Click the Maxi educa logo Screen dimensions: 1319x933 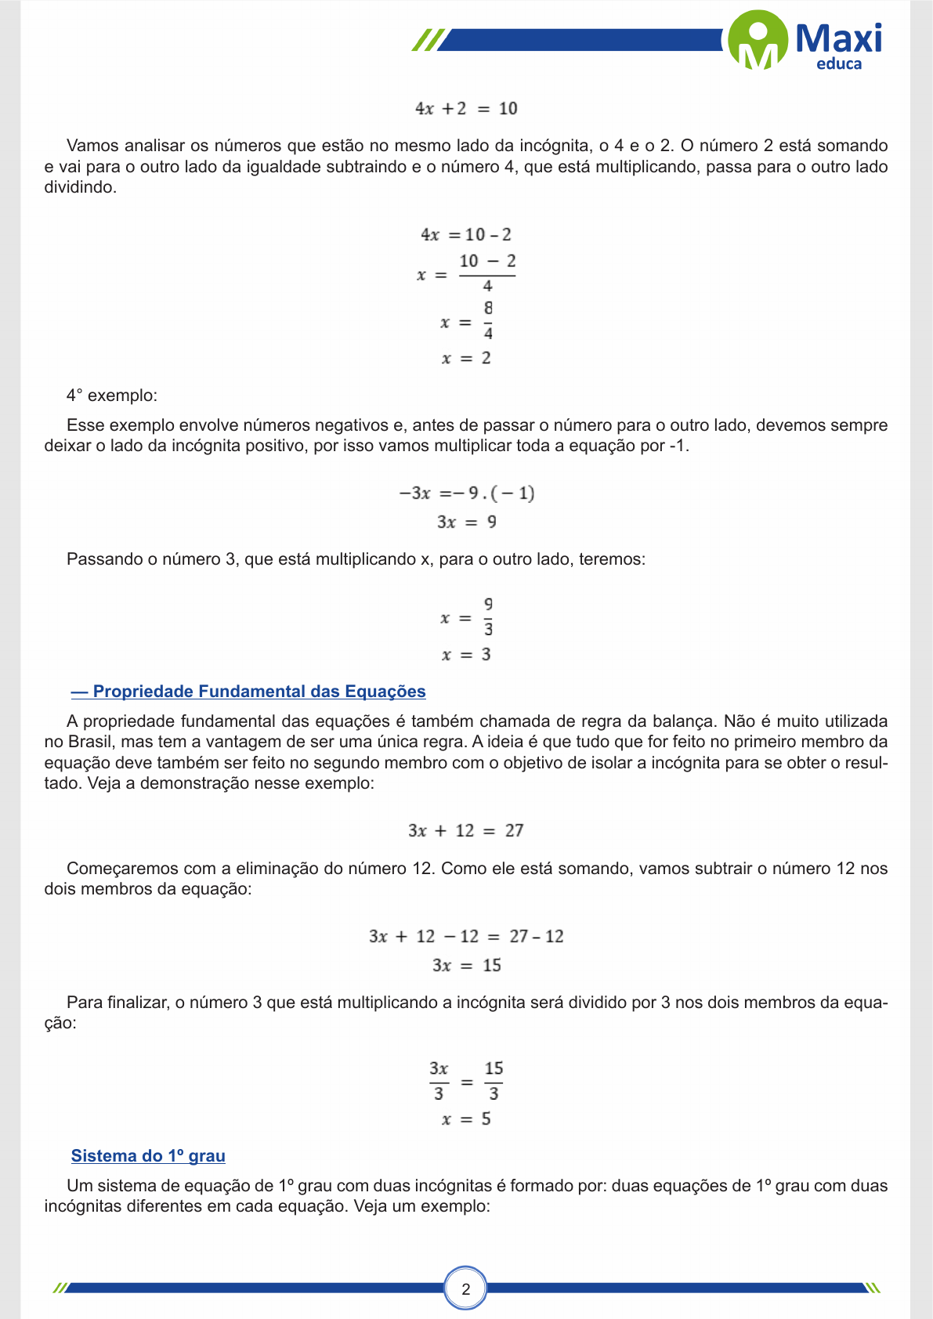pyautogui.click(x=805, y=41)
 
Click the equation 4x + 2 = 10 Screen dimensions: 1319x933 pyautogui.click(x=466, y=109)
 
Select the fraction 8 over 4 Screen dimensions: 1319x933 pyautogui.click(x=488, y=321)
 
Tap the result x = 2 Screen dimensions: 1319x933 pyautogui.click(x=466, y=359)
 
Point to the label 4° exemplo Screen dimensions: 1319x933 pyautogui.click(x=112, y=396)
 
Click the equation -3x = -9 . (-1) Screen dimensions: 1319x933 pyautogui.click(x=466, y=493)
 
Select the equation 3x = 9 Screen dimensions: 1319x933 pyautogui.click(x=466, y=522)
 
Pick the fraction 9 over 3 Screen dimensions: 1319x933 pyautogui.click(x=488, y=617)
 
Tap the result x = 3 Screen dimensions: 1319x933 pyautogui.click(x=466, y=655)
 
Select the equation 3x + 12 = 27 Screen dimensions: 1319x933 pyautogui.click(x=466, y=831)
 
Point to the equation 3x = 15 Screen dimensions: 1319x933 pyautogui.click(x=466, y=966)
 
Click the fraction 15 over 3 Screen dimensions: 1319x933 pyautogui.click(x=494, y=1082)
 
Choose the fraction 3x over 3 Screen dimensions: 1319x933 pyautogui.click(x=439, y=1082)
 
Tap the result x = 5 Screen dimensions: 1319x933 pyautogui.click(x=466, y=1119)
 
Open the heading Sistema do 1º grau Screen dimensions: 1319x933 pyautogui.click(x=148, y=1156)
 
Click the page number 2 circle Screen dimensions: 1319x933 pyautogui.click(x=466, y=1289)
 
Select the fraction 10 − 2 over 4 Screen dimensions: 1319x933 pyautogui.click(x=487, y=273)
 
